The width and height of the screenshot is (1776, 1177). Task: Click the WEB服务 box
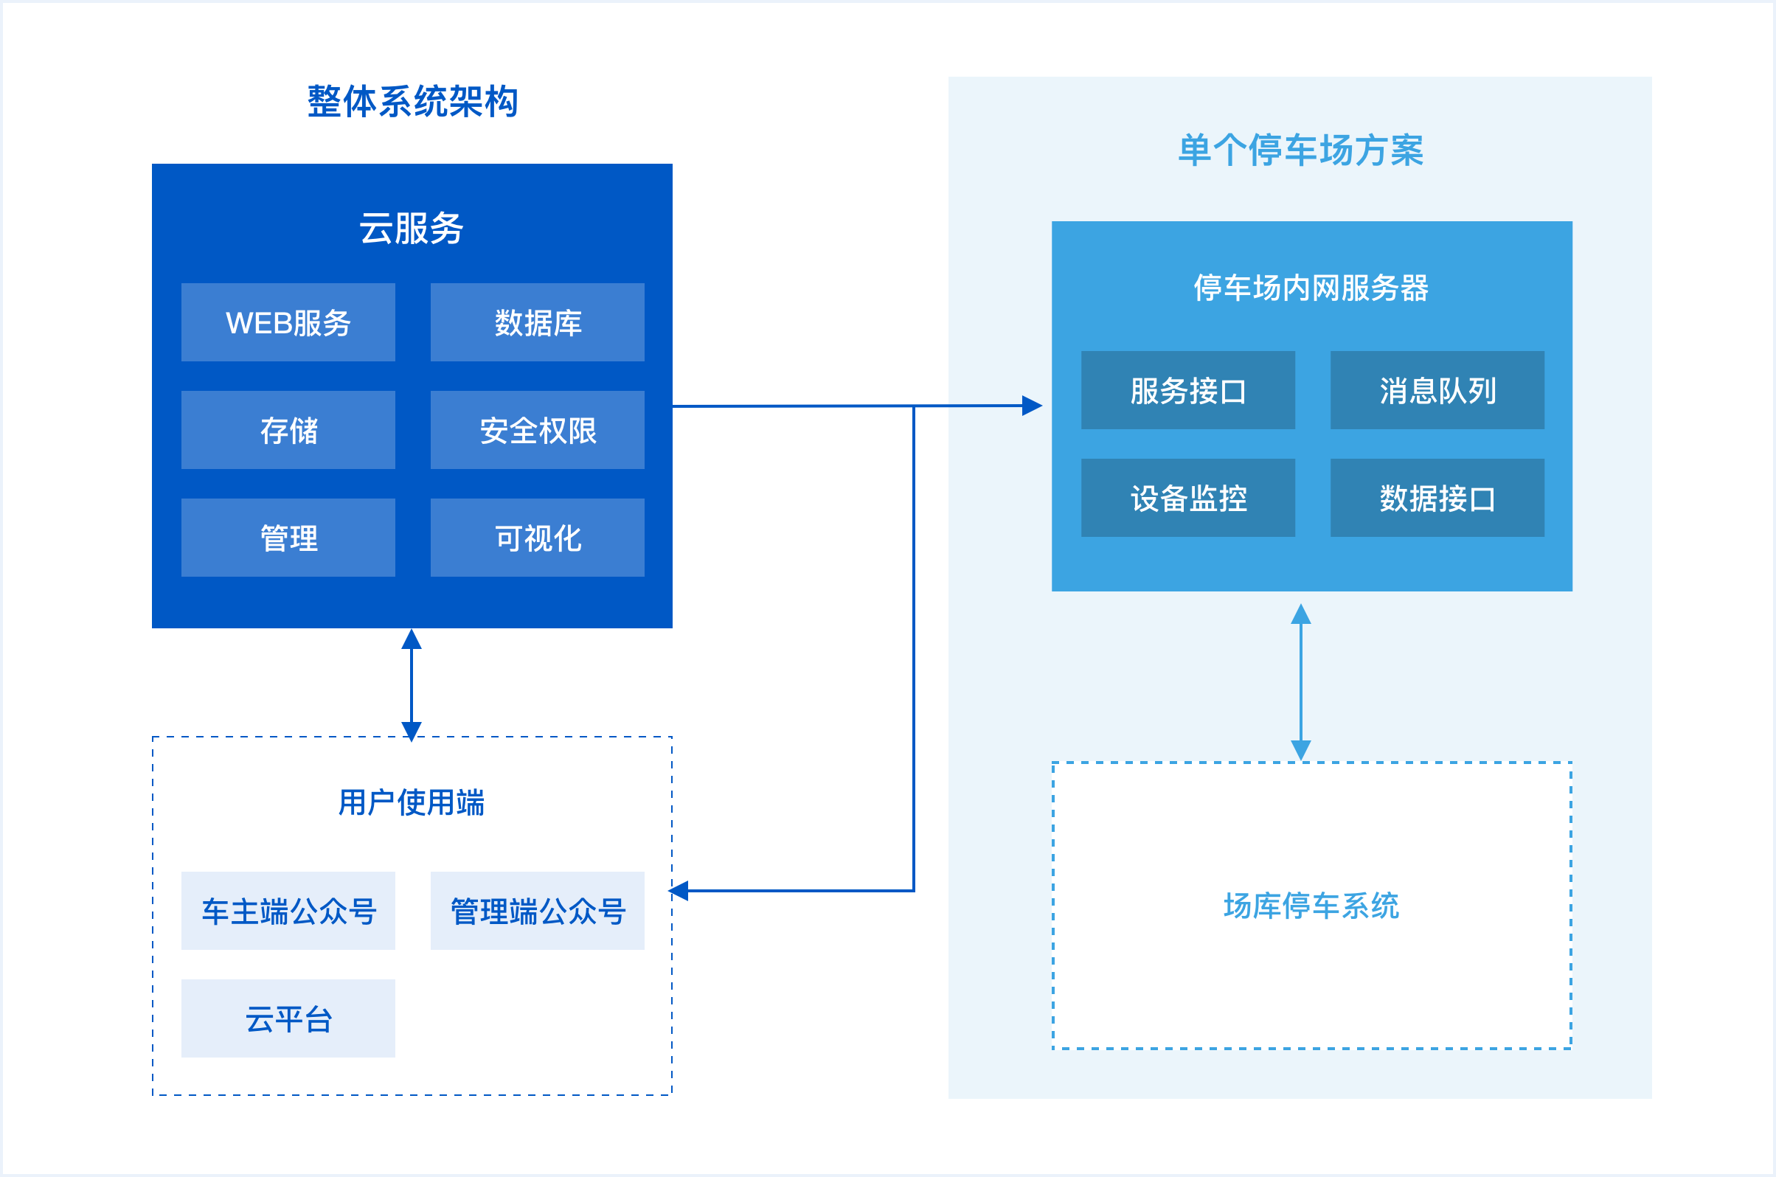tap(288, 322)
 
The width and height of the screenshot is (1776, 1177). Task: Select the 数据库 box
tap(538, 322)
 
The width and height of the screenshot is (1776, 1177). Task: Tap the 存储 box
tap(288, 430)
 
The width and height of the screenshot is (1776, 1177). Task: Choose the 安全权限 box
tap(538, 430)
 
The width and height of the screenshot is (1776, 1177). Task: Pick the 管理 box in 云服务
tap(288, 538)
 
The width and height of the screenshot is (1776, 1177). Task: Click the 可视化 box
tap(538, 538)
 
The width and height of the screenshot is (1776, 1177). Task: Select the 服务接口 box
tap(1188, 390)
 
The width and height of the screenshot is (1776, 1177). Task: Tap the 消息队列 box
tap(1437, 390)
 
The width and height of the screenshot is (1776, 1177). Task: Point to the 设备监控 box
tap(1188, 498)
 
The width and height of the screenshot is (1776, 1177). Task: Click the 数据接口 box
tap(1437, 498)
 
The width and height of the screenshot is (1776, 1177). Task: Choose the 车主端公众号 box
tap(288, 911)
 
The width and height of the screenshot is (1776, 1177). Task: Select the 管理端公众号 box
tap(538, 911)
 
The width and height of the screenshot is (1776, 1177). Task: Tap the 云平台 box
tap(288, 1018)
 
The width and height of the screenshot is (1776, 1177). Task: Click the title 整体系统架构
tap(412, 101)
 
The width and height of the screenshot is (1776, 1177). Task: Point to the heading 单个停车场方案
tap(1301, 150)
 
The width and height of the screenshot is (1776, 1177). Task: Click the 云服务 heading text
tap(412, 227)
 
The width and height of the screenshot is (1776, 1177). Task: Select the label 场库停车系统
tap(1311, 906)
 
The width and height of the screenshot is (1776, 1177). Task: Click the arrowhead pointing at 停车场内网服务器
tap(1033, 406)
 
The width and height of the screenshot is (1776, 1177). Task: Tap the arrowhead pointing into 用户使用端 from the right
tap(679, 891)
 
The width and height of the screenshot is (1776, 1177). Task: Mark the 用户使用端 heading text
tap(412, 802)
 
